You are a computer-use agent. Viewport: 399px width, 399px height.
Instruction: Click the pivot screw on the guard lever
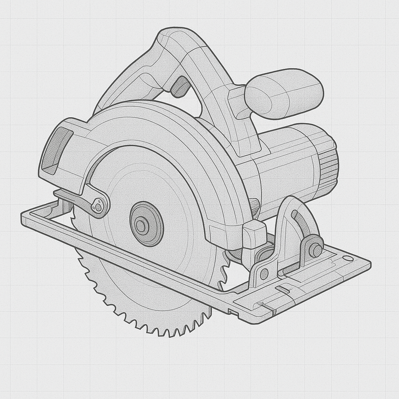pyautogui.click(x=99, y=205)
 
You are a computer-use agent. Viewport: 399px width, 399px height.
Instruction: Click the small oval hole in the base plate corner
pyautogui.click(x=348, y=258)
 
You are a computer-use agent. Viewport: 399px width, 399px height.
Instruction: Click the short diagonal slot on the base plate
pyautogui.click(x=282, y=289)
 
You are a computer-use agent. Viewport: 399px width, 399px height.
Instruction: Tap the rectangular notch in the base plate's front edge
pyautogui.click(x=233, y=312)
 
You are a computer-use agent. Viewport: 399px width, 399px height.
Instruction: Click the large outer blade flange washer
pyautogui.click(x=147, y=224)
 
